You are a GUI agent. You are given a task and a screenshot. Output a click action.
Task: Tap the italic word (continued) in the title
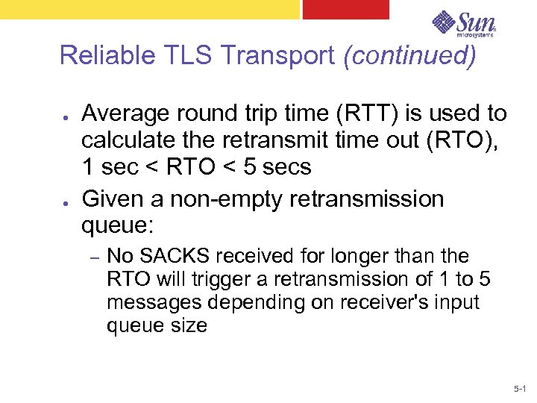[x=409, y=56]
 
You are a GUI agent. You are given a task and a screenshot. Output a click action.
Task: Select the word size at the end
[x=188, y=325]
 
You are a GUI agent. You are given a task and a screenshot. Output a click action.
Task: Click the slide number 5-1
[x=520, y=389]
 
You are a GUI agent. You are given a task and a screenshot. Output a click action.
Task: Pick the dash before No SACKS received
[x=95, y=257]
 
